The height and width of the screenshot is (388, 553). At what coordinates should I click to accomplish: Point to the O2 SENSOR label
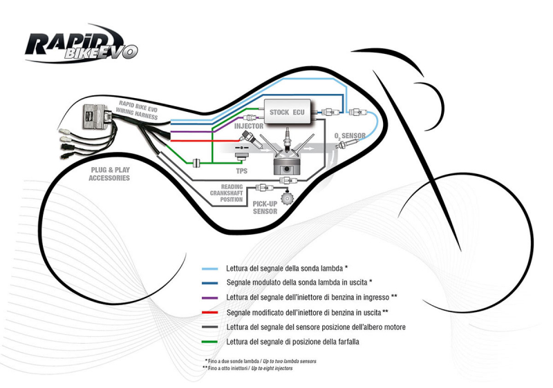[x=350, y=135]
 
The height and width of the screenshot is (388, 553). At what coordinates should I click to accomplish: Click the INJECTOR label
[x=248, y=127]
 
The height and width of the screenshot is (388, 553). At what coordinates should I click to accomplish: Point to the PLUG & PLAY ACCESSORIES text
[x=109, y=173]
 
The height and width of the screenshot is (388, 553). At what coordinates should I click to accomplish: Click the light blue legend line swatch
[x=210, y=267]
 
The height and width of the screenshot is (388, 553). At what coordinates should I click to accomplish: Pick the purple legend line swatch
[x=210, y=297]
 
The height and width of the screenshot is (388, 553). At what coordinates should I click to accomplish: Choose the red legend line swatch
[x=210, y=312]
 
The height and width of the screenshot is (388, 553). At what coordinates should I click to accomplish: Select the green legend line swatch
[x=210, y=342]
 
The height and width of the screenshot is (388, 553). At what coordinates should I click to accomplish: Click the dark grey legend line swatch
[x=210, y=327]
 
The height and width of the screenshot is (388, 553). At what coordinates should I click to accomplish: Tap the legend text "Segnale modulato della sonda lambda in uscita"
[x=299, y=282]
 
